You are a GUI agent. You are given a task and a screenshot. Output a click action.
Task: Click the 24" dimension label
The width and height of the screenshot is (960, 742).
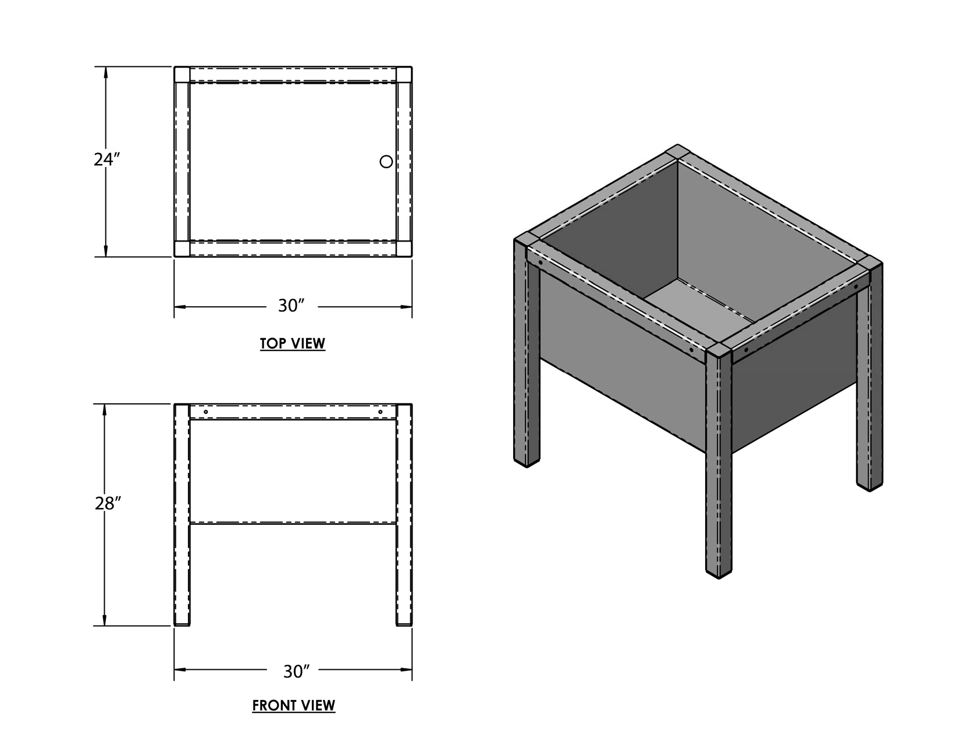[x=106, y=159]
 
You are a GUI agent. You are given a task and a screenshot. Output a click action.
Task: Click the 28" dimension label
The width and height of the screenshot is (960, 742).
[x=108, y=503]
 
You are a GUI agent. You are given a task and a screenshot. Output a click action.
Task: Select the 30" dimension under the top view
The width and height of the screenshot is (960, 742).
[x=291, y=306]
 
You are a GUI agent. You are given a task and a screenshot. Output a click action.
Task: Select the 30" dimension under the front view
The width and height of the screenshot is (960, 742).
[x=297, y=672]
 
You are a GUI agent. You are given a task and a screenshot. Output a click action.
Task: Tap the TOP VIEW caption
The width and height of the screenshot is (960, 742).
[x=293, y=343]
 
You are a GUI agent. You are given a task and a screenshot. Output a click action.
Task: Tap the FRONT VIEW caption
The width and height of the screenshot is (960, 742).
[x=294, y=705]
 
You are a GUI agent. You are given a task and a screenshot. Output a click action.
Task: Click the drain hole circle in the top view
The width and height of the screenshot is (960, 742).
[x=386, y=162]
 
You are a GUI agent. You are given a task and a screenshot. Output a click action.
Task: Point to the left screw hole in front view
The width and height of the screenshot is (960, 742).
[x=206, y=412]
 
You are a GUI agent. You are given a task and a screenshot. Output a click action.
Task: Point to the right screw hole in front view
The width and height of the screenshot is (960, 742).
[x=381, y=412]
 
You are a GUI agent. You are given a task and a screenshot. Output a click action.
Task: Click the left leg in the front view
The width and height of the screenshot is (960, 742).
[x=182, y=515]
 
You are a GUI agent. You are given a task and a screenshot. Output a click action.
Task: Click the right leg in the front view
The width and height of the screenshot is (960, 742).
[x=404, y=515]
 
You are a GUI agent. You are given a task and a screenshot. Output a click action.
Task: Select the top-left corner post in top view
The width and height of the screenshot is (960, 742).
[x=182, y=74]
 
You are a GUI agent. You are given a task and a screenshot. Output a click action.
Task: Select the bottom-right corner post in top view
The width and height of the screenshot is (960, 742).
[x=404, y=249]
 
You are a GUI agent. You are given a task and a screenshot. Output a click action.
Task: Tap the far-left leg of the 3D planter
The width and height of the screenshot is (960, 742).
[x=527, y=354]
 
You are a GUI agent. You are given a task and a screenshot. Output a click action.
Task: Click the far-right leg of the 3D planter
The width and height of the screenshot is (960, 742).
[x=870, y=375]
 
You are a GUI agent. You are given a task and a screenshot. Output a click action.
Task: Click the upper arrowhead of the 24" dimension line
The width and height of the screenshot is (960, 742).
[x=105, y=74]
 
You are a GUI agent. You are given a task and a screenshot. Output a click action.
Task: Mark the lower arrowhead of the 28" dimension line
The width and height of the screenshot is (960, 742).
[x=105, y=619]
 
